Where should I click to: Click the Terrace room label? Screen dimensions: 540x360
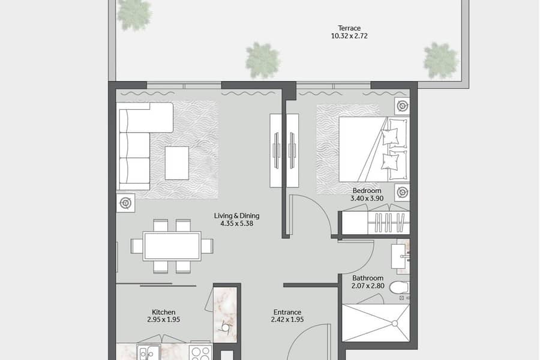(349, 28)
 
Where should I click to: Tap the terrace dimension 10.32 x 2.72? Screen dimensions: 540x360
(349, 36)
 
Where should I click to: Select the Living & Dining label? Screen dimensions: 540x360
(236, 215)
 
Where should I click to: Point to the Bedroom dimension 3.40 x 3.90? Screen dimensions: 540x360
(367, 198)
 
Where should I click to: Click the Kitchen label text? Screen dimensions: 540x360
(164, 312)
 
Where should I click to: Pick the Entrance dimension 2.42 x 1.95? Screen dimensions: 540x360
(287, 319)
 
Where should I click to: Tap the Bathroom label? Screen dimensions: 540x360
(368, 278)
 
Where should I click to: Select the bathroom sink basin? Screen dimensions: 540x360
(399, 256)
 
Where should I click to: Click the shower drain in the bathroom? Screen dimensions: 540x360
(395, 323)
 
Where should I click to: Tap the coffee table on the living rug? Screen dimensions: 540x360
(176, 163)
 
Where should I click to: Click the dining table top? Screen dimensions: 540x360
(172, 246)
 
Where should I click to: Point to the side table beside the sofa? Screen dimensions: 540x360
(125, 203)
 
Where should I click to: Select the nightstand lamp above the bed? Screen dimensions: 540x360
(402, 106)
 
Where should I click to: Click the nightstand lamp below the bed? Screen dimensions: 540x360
(402, 192)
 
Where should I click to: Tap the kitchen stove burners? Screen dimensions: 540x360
(200, 352)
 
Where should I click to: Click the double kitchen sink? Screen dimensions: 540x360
(148, 352)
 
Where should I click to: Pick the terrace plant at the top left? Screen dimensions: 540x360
(134, 14)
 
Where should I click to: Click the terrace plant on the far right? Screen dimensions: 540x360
(441, 61)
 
